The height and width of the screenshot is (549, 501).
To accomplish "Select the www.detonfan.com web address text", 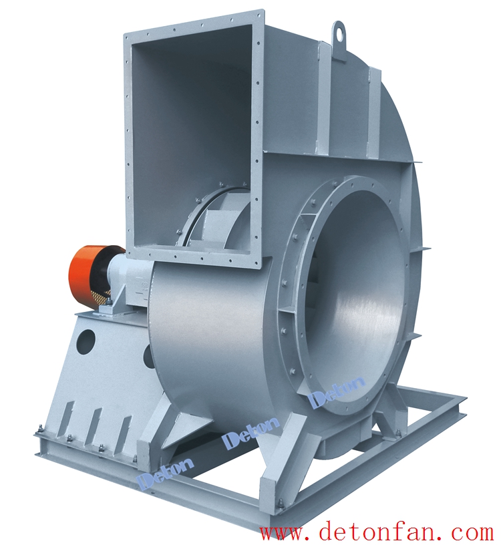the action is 376,534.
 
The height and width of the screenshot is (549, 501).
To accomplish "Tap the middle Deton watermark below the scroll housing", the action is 252,431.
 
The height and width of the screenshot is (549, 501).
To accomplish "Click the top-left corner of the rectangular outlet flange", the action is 124,33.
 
